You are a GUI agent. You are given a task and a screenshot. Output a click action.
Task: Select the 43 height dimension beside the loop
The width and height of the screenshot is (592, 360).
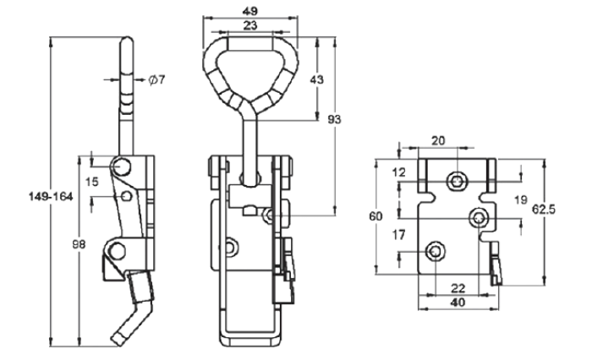point(317,79)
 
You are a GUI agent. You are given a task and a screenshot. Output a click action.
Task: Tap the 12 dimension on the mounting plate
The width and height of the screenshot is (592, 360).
point(399,172)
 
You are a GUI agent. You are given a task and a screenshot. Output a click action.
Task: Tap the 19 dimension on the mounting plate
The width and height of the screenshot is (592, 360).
point(520,199)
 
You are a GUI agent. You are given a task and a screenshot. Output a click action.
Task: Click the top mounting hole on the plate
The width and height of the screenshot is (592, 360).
point(458,179)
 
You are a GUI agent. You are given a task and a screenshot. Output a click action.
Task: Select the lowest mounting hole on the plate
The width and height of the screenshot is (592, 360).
point(435,250)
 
